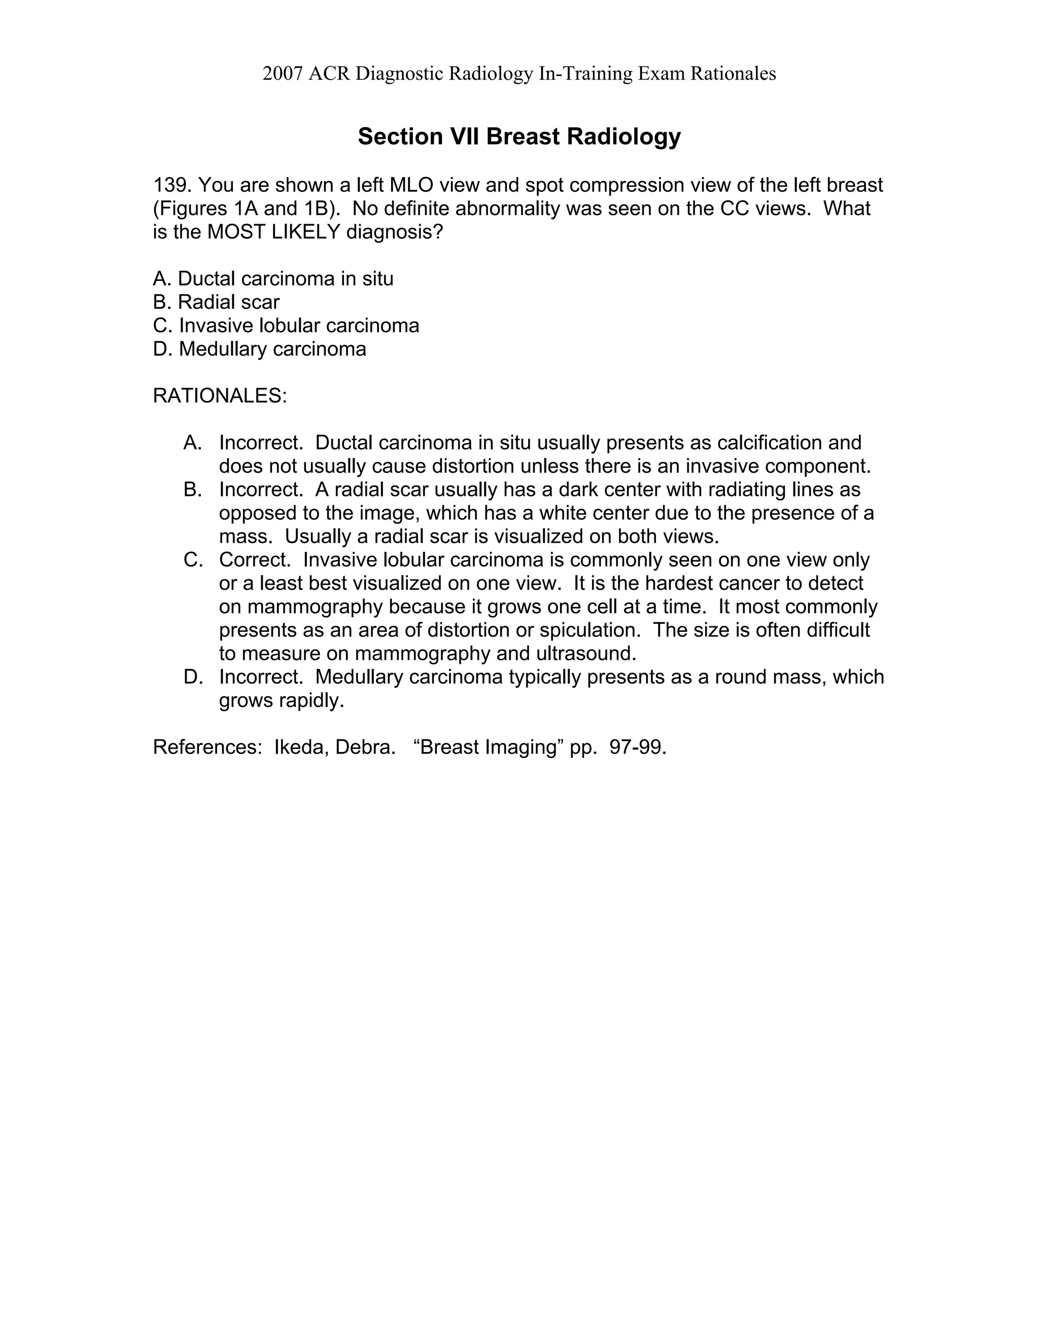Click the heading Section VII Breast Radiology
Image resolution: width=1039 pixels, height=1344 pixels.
pos(519,136)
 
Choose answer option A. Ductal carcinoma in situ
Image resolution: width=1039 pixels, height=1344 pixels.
pos(272,279)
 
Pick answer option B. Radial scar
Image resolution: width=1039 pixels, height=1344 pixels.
pos(216,302)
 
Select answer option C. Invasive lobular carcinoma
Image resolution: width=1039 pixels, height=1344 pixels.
pos(286,326)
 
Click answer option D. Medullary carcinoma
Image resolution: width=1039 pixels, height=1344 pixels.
pos(259,349)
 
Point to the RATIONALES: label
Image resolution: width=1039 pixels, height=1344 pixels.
pos(220,396)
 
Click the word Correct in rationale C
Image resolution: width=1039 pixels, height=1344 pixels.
pos(254,560)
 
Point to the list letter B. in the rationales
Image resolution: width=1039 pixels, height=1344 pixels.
pos(193,490)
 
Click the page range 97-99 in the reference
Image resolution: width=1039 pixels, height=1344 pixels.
pos(637,747)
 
